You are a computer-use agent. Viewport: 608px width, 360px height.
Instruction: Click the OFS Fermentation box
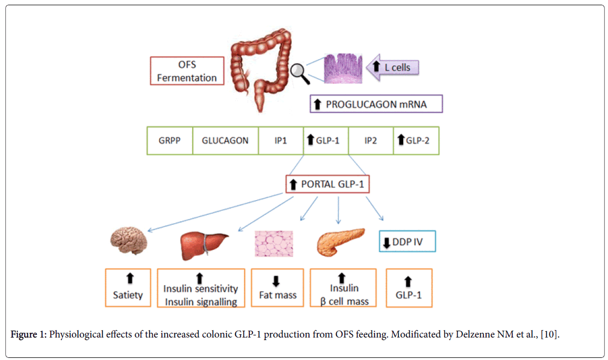186,70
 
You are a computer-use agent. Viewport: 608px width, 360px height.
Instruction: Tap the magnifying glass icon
300,70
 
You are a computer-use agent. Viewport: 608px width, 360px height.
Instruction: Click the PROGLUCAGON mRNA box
376,104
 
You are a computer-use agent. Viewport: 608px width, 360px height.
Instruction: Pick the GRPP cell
169,140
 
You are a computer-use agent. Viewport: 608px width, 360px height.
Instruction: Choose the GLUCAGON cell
225,140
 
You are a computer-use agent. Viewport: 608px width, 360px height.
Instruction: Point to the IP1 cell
281,140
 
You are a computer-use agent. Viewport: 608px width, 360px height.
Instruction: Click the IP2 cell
370,140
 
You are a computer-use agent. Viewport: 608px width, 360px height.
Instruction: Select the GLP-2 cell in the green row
416,140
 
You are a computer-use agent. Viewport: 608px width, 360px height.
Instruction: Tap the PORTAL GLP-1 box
327,184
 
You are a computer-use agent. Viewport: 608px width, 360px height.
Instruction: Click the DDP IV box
407,241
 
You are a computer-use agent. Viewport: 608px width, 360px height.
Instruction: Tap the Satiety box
128,288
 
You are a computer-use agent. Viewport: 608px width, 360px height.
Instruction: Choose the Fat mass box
278,288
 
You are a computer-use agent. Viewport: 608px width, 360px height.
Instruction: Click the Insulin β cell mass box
343,288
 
